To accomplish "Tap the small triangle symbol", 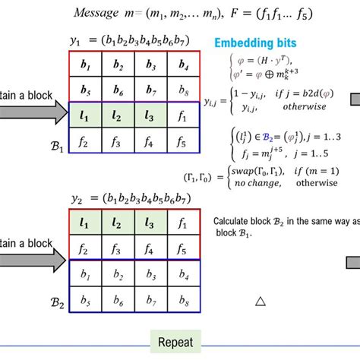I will point(260,301).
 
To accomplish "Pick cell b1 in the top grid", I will point(85,66).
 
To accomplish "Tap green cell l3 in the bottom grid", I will point(149,224).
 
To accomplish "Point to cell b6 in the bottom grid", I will point(117,302).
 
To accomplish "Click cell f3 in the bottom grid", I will point(117,249).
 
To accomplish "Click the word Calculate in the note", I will point(230,221).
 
